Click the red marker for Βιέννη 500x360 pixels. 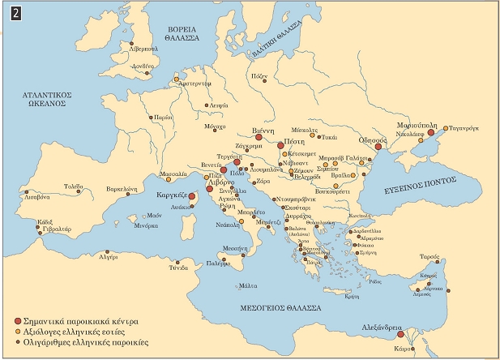(259, 138)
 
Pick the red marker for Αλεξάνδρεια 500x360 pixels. (412, 333)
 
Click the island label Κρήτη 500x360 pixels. (352, 297)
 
